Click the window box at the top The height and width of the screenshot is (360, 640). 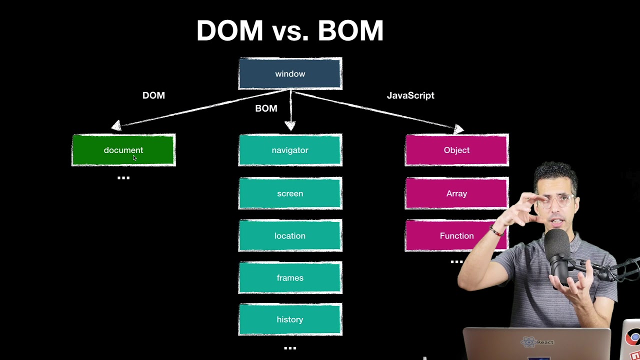coord(290,74)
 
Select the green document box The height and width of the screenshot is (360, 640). coord(123,150)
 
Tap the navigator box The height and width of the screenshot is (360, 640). coord(290,150)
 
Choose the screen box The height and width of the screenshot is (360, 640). coord(290,193)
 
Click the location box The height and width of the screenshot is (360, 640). coord(290,235)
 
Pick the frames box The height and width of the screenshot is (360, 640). coord(290,277)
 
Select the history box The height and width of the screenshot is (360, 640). coord(290,319)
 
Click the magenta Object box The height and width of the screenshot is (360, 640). coord(456,150)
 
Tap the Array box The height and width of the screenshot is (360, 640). coord(456,193)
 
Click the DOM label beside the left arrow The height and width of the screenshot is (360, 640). coord(153,95)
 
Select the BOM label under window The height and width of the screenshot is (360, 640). coord(266,108)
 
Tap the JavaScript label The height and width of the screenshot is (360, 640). coord(410,95)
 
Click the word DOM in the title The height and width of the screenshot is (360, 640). coord(229,31)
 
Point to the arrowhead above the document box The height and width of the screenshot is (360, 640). coord(116,125)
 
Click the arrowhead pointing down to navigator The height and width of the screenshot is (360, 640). coord(290,125)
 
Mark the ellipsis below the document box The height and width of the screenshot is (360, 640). coord(123,177)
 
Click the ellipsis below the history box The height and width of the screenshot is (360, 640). coord(290,348)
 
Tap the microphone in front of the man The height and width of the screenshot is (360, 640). coord(556,255)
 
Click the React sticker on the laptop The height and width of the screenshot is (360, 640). coord(538,342)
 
